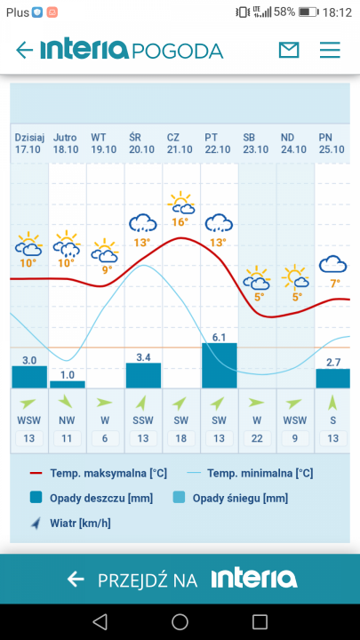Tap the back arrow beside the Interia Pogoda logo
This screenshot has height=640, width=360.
click(24, 50)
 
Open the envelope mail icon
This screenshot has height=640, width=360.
click(289, 50)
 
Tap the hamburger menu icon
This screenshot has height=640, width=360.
click(330, 50)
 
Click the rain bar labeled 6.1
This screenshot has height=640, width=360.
click(220, 365)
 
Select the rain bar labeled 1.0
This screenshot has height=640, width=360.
click(68, 384)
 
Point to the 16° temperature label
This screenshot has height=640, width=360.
click(181, 222)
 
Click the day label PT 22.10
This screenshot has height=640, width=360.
click(218, 142)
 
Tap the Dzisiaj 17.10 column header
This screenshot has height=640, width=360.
click(28, 142)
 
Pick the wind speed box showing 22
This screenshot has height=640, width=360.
click(257, 437)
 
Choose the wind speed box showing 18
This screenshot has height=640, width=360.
click(181, 437)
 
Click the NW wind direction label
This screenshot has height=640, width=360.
click(68, 420)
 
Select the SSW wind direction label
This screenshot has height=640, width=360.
click(143, 420)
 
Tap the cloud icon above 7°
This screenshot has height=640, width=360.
click(333, 263)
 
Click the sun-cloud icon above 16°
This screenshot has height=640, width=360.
click(181, 202)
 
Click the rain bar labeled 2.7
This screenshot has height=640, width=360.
click(333, 378)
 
